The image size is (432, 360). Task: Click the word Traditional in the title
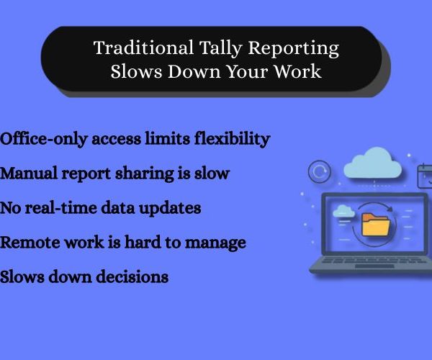point(143,48)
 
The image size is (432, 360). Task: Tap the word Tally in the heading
point(220,48)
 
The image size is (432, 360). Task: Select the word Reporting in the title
point(294,49)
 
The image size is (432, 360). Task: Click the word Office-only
point(43,139)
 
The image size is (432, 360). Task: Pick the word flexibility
point(233,139)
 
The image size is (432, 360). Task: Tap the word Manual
point(28,174)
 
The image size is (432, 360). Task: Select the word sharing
point(145,174)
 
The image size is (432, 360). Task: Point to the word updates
point(170,209)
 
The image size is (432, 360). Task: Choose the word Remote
point(30,243)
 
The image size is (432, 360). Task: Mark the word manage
point(215,243)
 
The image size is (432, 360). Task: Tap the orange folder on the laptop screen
point(376,225)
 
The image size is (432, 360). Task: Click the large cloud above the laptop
point(373,163)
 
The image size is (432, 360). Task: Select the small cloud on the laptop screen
point(343,211)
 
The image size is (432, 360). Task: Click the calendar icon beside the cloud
point(425,176)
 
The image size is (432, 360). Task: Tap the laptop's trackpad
point(374,266)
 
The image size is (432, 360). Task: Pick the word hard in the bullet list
point(143,243)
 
